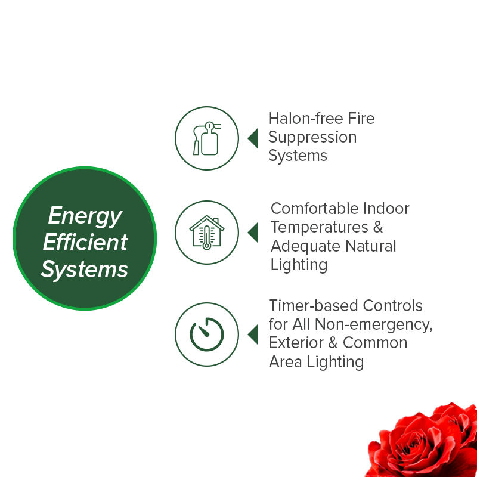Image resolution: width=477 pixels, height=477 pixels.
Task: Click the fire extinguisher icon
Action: (206, 138)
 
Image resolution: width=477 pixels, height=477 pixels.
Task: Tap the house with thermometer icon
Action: (206, 231)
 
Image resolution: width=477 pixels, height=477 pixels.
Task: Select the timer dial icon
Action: (206, 334)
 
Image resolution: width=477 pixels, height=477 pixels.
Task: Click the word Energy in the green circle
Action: (85, 216)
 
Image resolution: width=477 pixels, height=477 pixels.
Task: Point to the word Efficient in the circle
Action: (85, 243)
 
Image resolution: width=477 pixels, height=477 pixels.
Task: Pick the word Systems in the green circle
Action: (85, 270)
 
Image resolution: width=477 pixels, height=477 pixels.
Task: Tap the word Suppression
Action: (312, 138)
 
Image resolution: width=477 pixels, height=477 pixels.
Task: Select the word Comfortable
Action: (318, 209)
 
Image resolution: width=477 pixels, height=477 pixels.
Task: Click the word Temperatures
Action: (319, 227)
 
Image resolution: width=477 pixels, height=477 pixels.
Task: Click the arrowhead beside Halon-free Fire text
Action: (252, 138)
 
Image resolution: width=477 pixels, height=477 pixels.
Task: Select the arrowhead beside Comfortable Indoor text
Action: (252, 232)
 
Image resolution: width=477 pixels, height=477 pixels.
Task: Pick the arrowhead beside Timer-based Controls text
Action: (252, 334)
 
